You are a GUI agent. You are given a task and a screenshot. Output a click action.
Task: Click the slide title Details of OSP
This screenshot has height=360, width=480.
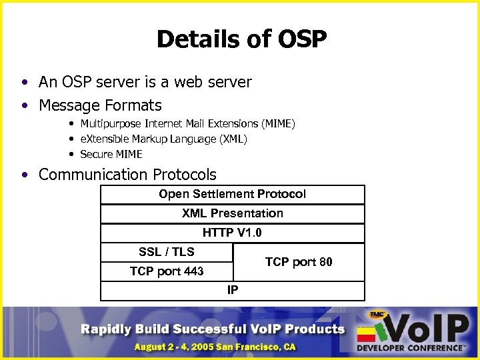coord(241,39)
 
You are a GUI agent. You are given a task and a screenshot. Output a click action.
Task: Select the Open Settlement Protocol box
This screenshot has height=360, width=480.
coord(232,194)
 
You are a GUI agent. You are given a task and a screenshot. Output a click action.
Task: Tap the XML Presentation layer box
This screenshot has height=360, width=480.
coord(232,213)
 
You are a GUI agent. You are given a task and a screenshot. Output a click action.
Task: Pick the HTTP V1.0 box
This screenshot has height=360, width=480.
coord(232,233)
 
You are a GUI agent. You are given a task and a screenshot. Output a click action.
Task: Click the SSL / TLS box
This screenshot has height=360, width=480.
coord(167,252)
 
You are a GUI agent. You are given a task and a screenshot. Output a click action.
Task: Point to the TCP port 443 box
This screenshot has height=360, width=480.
coord(167,271)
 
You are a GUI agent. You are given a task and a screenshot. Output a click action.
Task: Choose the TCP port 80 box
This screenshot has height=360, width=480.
coord(299,262)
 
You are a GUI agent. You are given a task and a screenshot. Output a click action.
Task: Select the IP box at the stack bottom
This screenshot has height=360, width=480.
coord(232,291)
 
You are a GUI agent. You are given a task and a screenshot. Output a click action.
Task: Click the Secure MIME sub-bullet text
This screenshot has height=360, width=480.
coord(111,154)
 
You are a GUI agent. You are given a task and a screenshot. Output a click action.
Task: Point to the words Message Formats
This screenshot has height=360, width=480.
coord(100,105)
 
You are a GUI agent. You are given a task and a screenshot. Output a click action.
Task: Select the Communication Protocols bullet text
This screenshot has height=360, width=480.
coord(127,175)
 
